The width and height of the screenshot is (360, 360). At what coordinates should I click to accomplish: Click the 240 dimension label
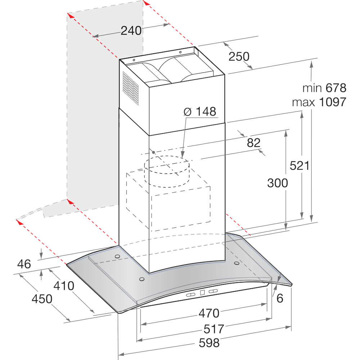(x=131, y=31)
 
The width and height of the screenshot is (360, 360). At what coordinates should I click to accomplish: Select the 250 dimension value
(x=239, y=57)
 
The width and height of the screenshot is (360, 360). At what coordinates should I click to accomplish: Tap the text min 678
(x=324, y=88)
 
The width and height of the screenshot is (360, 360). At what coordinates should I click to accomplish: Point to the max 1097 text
(x=319, y=102)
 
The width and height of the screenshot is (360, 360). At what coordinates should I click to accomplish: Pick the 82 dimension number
(x=253, y=143)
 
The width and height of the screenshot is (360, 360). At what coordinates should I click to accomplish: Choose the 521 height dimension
(x=300, y=166)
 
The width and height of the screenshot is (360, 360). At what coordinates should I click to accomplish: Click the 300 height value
(x=278, y=183)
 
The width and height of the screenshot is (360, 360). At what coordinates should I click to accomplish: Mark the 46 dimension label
(x=24, y=264)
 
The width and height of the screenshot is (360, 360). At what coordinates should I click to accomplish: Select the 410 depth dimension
(x=63, y=286)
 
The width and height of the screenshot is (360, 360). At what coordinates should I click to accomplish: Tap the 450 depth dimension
(x=42, y=299)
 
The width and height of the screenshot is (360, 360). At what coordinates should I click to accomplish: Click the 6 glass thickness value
(x=280, y=298)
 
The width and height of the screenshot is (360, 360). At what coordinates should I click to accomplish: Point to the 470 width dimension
(x=209, y=313)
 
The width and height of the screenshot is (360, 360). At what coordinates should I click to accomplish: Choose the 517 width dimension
(x=213, y=329)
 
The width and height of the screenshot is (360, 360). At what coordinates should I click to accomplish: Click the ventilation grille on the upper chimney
(x=130, y=88)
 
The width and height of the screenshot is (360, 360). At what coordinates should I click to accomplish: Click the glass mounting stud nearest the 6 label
(x=237, y=263)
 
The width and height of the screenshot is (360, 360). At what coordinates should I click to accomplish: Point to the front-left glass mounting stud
(x=141, y=279)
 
